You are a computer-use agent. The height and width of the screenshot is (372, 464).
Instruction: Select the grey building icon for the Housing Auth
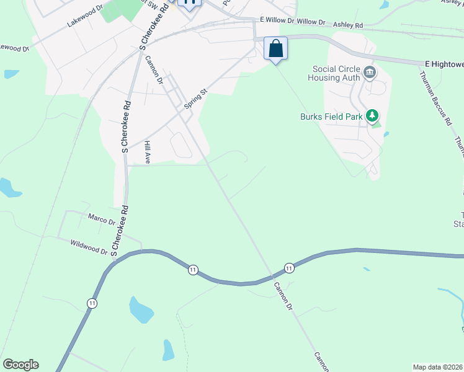pyautogui.click(x=370, y=73)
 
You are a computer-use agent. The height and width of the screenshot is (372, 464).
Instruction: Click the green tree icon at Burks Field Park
pyautogui.click(x=372, y=115)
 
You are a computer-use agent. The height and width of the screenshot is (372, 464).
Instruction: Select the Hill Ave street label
pyautogui.click(x=148, y=153)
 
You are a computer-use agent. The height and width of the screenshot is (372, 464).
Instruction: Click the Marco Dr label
pyautogui.click(x=102, y=219)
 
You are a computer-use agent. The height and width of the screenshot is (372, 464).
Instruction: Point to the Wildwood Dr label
pyautogui.click(x=89, y=247)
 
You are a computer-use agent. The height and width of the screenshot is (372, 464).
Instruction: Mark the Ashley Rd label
pyautogui.click(x=347, y=24)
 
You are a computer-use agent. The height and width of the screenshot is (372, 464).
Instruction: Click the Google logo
pyautogui.click(x=20, y=365)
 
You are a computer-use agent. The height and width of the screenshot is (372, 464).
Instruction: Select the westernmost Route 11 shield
pyautogui.click(x=92, y=303)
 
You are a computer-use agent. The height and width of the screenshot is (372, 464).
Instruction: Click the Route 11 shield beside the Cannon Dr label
pyautogui.click(x=289, y=268)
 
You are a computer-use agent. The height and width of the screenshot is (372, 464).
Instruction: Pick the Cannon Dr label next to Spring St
pyautogui.click(x=154, y=69)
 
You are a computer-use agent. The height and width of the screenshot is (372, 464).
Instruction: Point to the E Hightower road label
pyautogui.click(x=444, y=63)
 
